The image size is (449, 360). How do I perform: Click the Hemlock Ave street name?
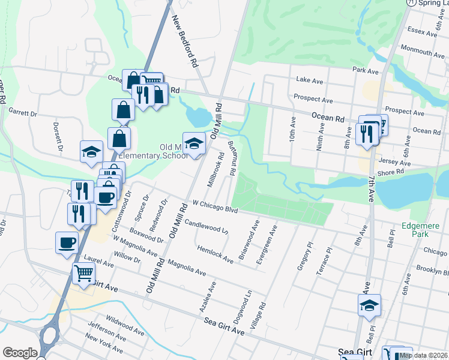[x=215, y=253]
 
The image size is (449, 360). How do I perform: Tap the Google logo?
[x=20, y=353]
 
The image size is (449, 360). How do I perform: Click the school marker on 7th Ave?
[x=369, y=305]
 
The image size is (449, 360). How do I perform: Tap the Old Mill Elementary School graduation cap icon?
[x=193, y=143]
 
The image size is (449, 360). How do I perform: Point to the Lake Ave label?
[x=310, y=80]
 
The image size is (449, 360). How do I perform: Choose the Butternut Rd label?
[x=231, y=158]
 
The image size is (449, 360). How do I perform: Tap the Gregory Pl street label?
[x=305, y=256]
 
